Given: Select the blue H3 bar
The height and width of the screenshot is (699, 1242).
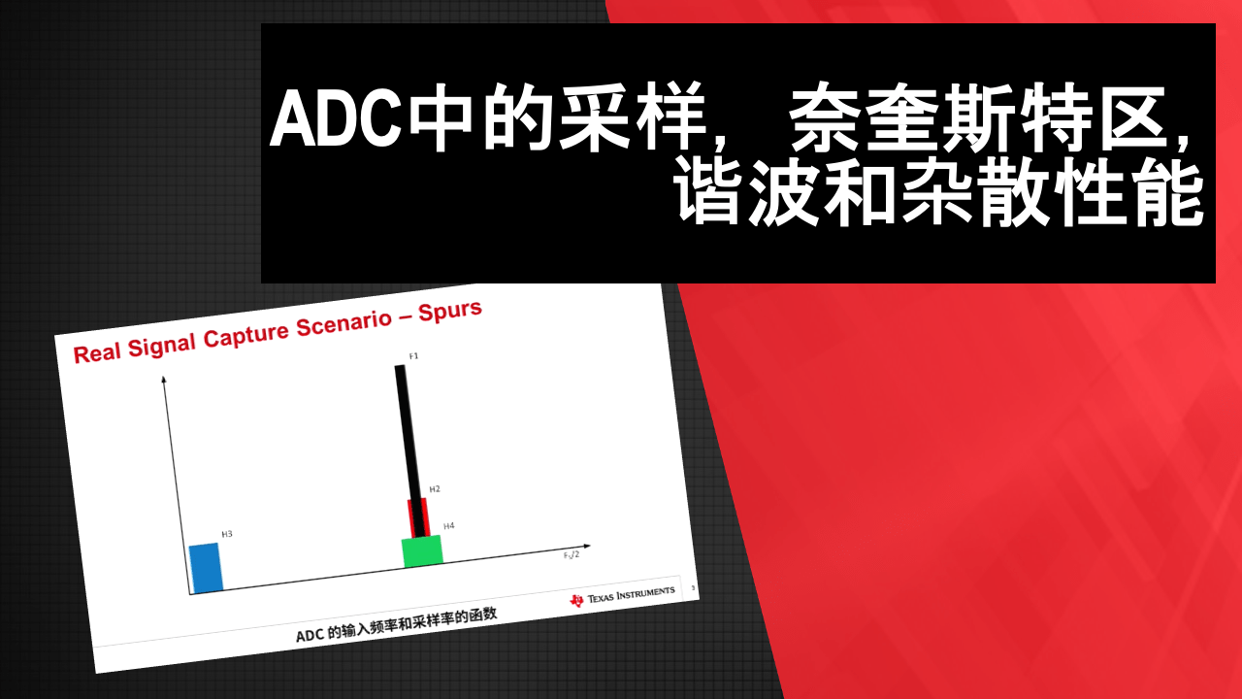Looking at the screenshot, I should tap(206, 568).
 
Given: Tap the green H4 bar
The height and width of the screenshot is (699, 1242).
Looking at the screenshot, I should tap(422, 550).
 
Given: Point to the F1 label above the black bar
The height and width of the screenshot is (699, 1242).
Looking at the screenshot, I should tap(413, 356).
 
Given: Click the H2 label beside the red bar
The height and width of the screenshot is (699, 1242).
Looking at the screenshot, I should tap(435, 488).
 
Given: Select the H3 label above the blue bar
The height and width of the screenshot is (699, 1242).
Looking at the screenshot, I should tap(227, 534).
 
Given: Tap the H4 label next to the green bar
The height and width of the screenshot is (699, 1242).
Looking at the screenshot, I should tap(448, 525).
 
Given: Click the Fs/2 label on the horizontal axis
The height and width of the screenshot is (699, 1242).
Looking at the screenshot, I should tap(572, 554).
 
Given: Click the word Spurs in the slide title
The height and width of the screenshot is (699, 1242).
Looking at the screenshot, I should tap(449, 313).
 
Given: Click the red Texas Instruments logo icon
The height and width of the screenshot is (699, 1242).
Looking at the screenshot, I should tap(577, 600).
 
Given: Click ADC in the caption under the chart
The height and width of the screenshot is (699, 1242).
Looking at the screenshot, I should tap(309, 636).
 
